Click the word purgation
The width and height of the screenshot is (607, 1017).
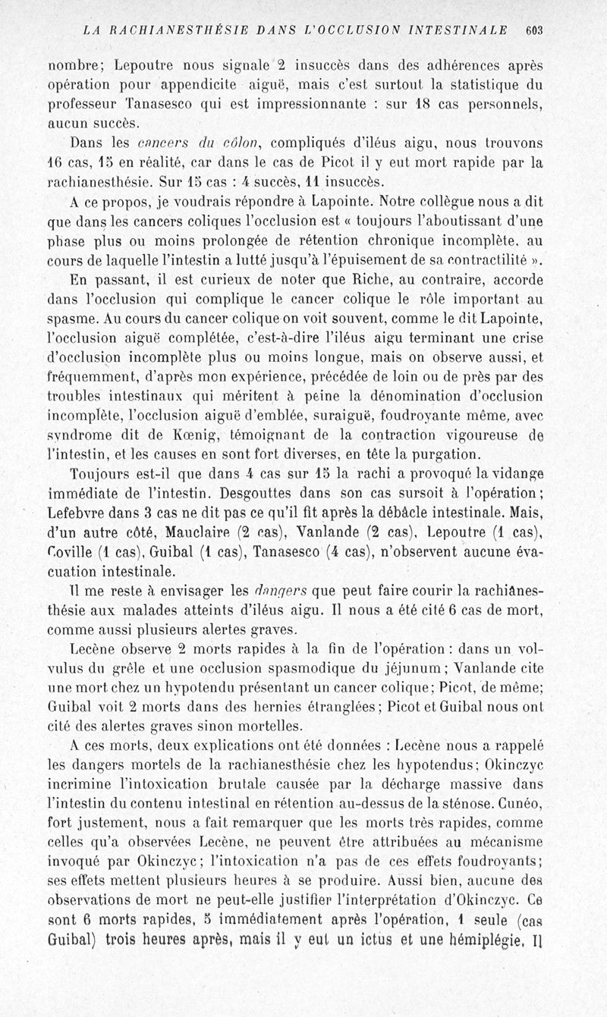pyautogui.click(x=442, y=455)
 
